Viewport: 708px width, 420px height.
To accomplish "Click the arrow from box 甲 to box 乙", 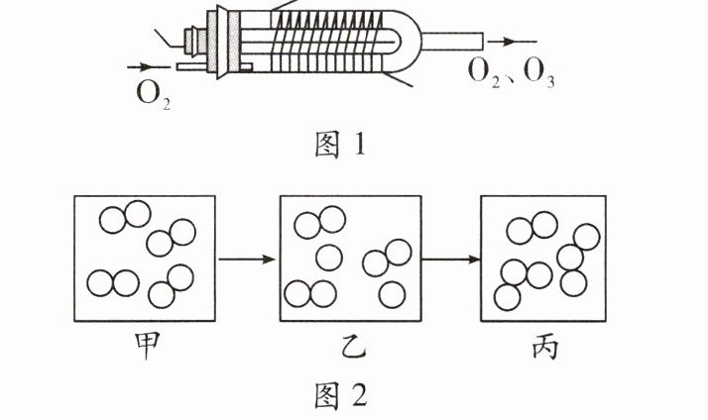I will [x=247, y=260].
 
